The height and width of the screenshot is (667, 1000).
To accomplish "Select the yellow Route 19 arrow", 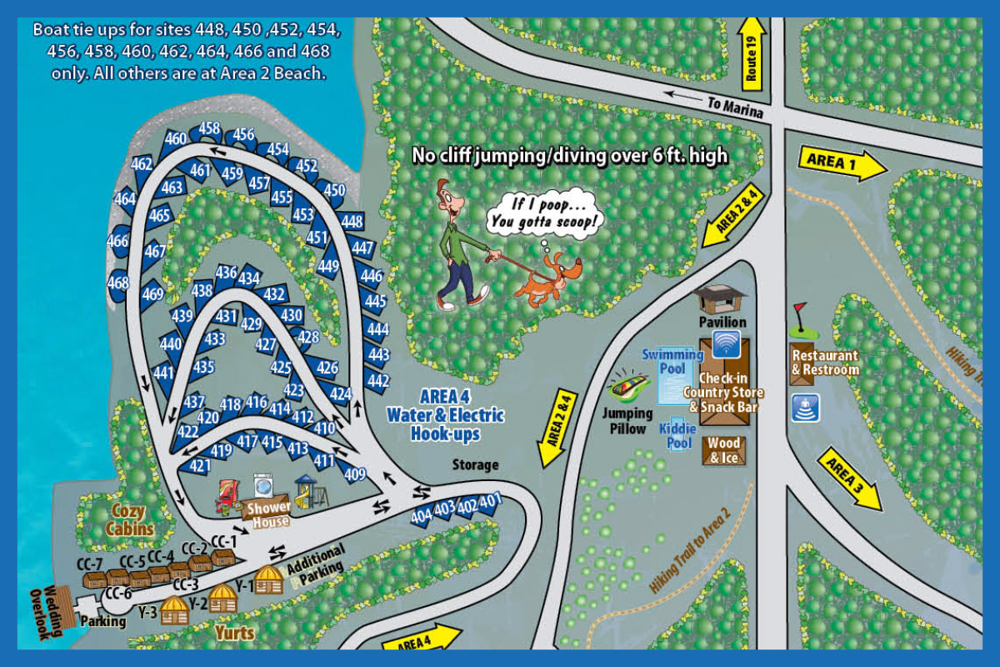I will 752,54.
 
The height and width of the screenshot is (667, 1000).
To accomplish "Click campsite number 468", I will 119,283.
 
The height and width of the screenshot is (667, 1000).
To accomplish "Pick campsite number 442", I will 377,382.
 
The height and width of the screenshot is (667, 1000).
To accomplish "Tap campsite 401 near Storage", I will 490,501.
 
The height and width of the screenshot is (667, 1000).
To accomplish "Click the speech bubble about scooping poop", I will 546,213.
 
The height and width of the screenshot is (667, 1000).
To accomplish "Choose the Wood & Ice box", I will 723,450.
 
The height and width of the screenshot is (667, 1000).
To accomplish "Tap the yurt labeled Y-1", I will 268,579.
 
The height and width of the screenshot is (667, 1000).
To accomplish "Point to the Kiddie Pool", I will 679,435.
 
